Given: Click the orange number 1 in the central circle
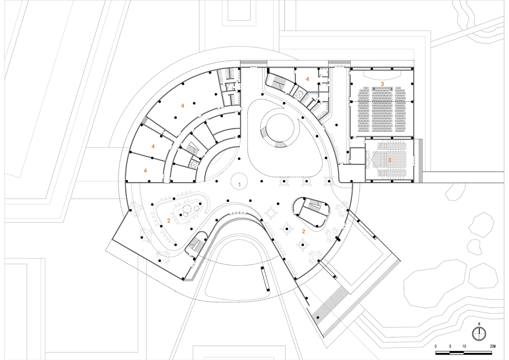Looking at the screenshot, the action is point(239,185).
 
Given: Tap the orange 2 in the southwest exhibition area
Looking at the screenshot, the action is point(169,221).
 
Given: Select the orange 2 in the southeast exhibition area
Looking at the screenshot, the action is point(303,231).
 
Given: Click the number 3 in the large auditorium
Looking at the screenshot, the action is point(382,84).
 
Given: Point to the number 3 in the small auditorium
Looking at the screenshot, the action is point(390,160).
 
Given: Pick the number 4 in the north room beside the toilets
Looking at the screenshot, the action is point(308,79).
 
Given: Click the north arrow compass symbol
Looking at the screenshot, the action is point(479,334).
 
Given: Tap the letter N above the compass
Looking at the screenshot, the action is point(479,324).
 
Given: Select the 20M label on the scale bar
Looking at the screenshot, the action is point(493,346).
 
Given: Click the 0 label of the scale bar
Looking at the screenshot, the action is point(436,346).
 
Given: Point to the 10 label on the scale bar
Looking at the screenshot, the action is point(464,346).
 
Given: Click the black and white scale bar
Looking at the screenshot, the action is point(464,353).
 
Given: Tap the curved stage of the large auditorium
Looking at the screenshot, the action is point(382,75).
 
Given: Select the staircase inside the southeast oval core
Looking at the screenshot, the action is point(315,204).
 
